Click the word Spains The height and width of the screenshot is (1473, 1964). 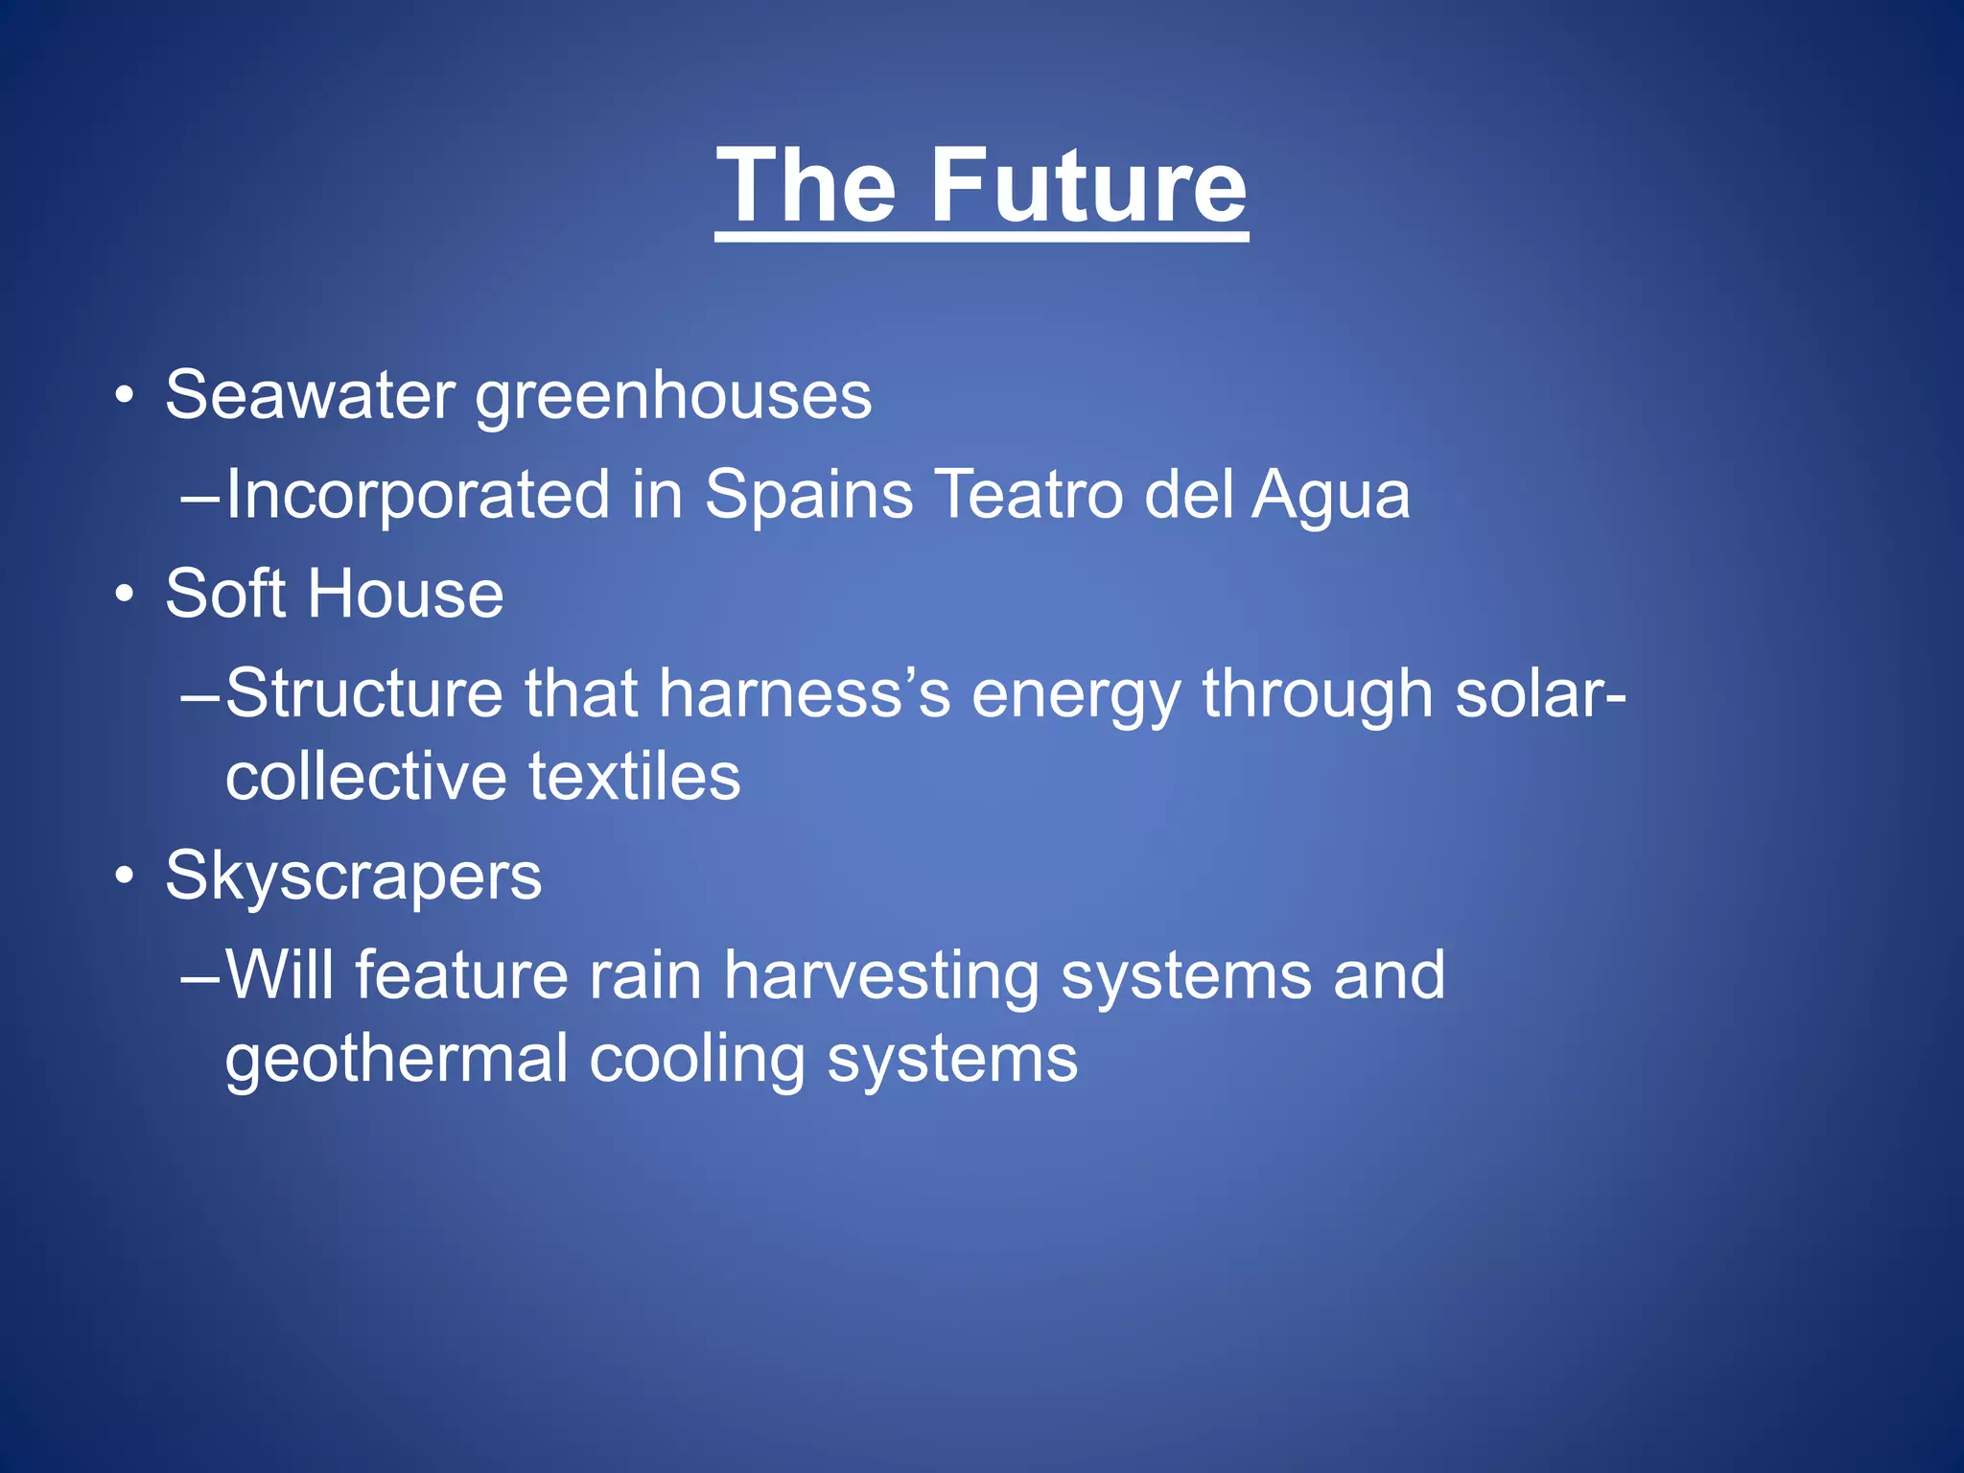tap(808, 497)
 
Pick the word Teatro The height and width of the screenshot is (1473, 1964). tap(1029, 495)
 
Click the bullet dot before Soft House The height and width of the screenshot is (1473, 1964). tap(124, 596)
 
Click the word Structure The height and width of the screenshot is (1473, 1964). tap(364, 692)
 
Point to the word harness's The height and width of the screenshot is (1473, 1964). tap(804, 692)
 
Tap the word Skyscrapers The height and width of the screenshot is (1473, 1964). tap(353, 877)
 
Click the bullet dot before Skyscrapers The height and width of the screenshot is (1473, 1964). tap(124, 877)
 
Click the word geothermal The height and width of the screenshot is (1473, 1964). tap(397, 1061)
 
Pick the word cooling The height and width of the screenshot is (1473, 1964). tap(697, 1061)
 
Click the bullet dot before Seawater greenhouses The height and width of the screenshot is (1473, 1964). tap(124, 395)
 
